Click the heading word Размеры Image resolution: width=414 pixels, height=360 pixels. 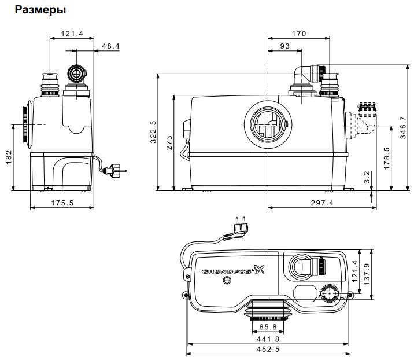tap(40, 10)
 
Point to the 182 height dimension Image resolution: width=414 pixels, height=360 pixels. tap(8, 157)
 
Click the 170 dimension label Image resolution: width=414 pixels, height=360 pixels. tap(298, 34)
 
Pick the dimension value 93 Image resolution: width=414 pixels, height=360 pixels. tap(284, 46)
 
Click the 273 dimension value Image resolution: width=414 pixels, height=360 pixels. tap(169, 143)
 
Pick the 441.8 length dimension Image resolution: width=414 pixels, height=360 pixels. tap(269, 340)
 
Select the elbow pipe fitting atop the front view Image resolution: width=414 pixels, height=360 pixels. tap(305, 75)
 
